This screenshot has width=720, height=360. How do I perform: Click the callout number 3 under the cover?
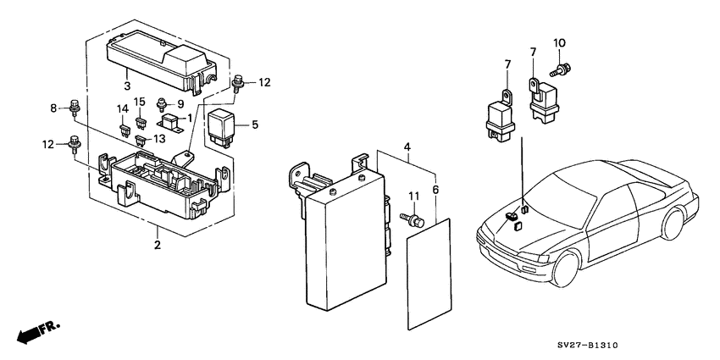click(126, 86)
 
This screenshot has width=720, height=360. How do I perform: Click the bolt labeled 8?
click(75, 108)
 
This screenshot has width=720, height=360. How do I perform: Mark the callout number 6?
click(435, 191)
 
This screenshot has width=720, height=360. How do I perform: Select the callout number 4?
click(407, 147)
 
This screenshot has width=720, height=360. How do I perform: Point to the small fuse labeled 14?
click(124, 131)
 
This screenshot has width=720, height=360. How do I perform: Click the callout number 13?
click(158, 139)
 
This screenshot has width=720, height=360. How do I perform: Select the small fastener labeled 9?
click(163, 106)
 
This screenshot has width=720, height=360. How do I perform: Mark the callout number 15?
click(141, 102)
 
